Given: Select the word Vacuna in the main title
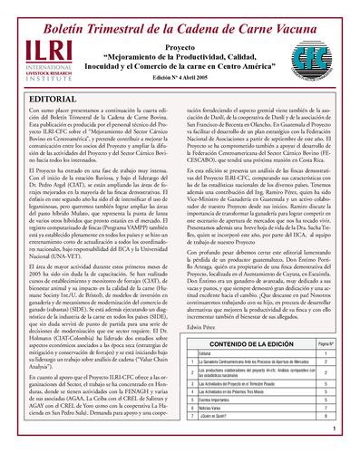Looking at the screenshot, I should click(x=306, y=13).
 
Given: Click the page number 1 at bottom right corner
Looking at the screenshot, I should click(x=335, y=429).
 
